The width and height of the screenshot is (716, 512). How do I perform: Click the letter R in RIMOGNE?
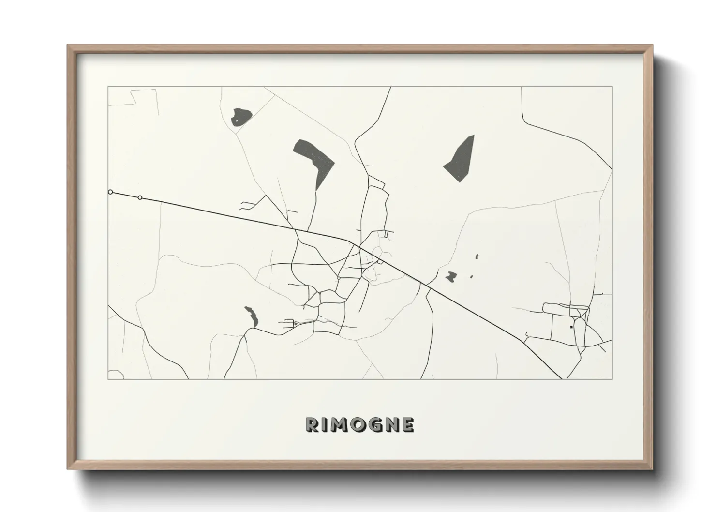click(x=313, y=424)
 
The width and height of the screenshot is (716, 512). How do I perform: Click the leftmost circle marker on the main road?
click(x=110, y=192)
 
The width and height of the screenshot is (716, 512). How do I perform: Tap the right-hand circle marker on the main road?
click(x=140, y=197)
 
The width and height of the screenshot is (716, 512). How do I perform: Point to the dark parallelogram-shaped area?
click(x=460, y=159)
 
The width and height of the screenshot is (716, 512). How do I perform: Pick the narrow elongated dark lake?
click(x=252, y=316)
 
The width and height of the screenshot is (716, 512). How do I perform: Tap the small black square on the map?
click(x=571, y=327)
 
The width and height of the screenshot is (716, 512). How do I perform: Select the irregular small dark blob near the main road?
click(x=451, y=277)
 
